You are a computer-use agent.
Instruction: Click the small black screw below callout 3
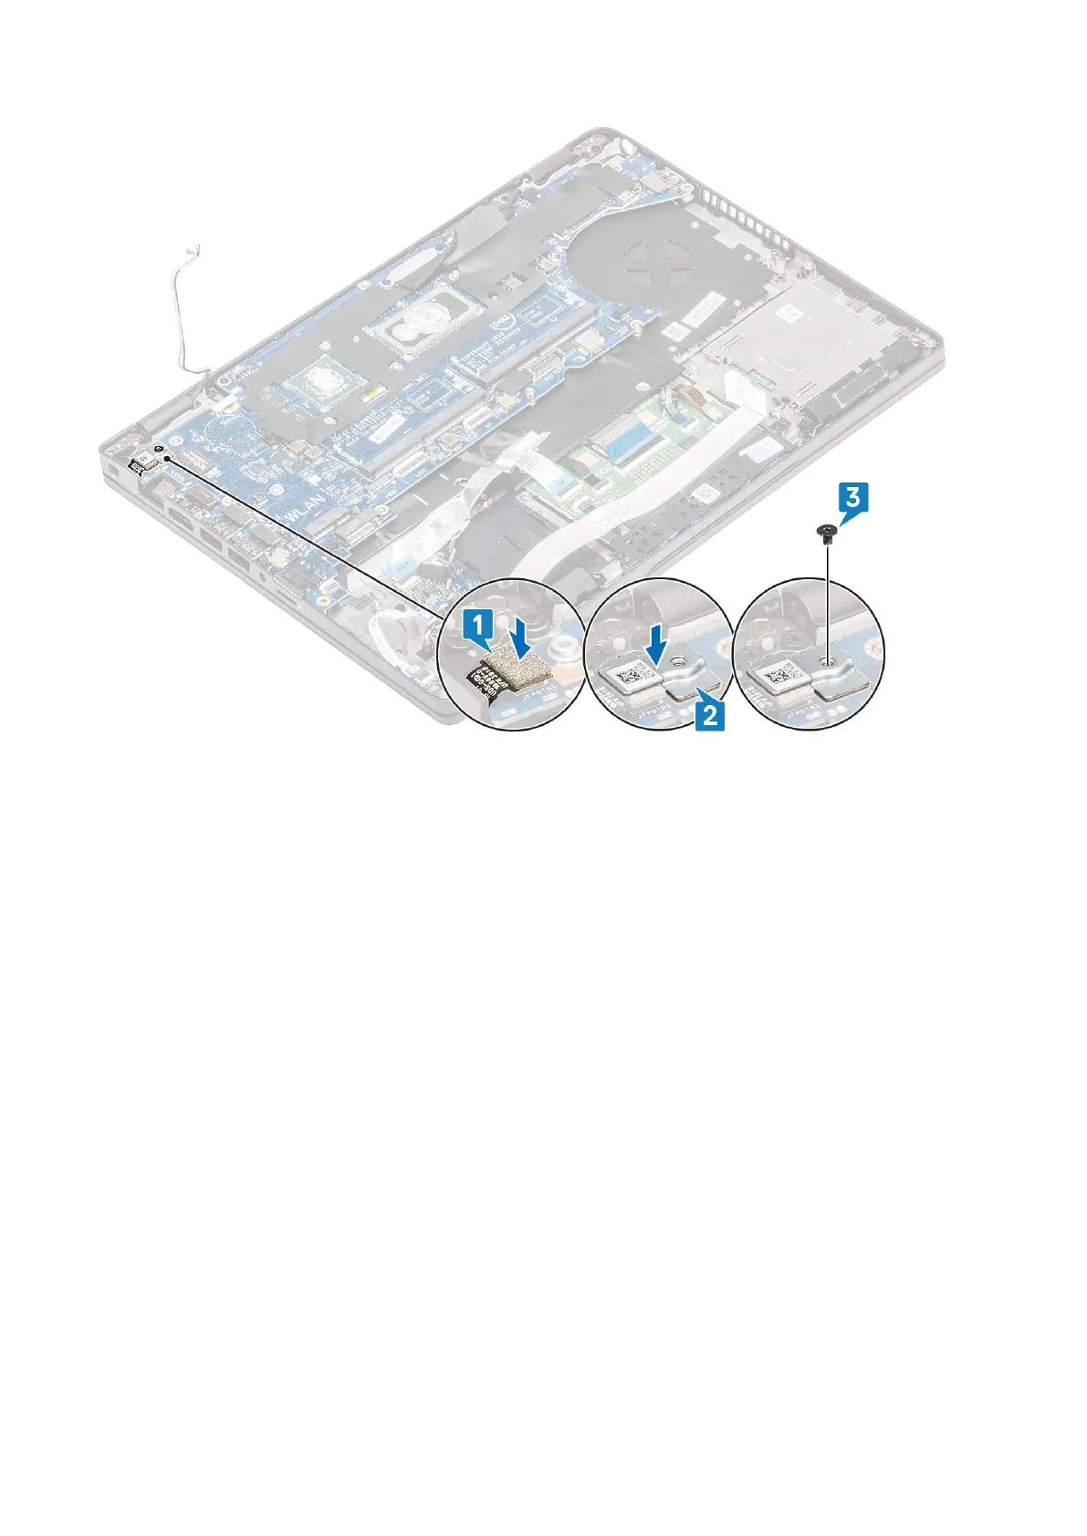point(825,531)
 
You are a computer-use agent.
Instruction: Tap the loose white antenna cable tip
point(193,246)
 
